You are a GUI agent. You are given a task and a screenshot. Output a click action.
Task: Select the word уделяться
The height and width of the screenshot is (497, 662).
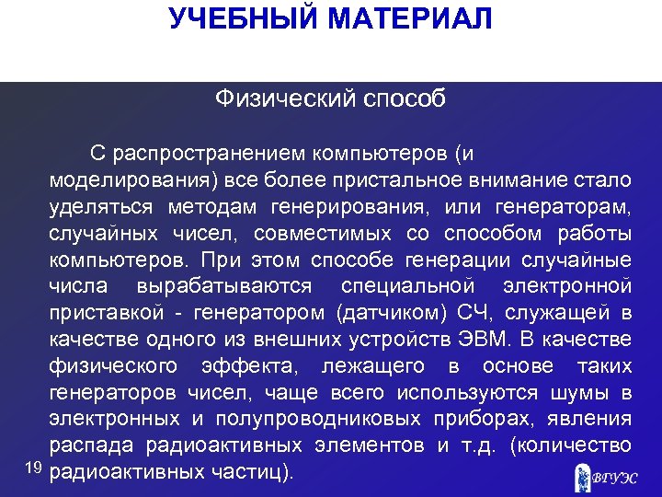tap(101, 204)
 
